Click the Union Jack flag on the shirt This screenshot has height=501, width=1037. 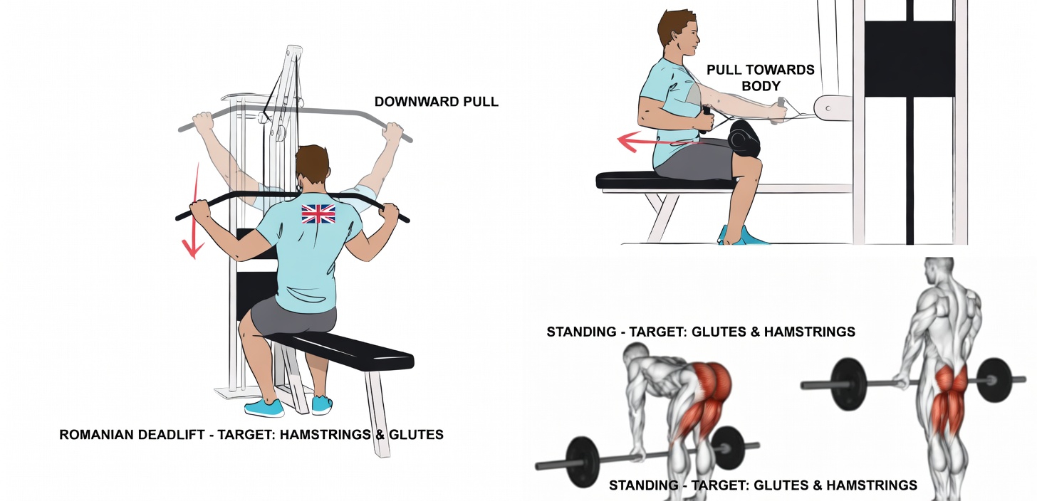(x=318, y=213)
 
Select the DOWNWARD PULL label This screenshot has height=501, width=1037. (x=436, y=102)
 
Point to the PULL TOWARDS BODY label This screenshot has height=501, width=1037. (x=760, y=77)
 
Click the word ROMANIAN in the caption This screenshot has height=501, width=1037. (x=95, y=434)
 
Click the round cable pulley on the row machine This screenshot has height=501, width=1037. (x=828, y=108)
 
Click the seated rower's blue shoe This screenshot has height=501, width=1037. (x=744, y=236)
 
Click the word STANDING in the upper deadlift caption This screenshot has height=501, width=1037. (x=580, y=332)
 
